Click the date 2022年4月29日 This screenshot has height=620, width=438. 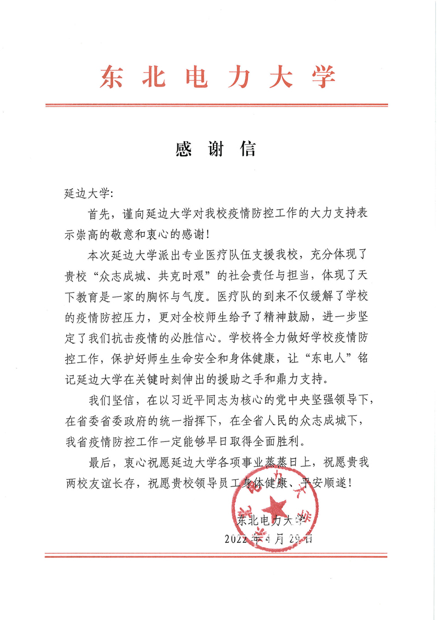point(268,538)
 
